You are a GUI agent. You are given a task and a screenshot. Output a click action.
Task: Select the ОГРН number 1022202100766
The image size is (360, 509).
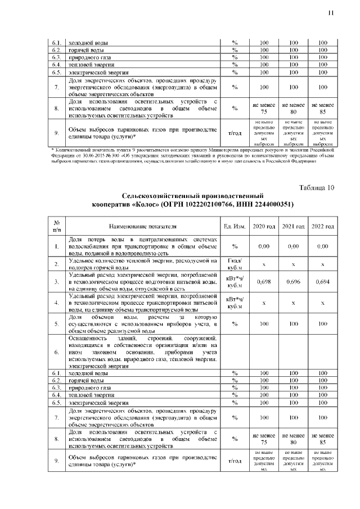191,204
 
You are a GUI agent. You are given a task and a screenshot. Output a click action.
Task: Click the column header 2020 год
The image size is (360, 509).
264,226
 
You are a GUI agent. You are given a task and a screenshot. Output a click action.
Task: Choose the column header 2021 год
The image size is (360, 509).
293,226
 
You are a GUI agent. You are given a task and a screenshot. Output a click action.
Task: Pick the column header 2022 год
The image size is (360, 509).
322,226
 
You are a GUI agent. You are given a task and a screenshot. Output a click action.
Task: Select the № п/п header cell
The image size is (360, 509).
57,226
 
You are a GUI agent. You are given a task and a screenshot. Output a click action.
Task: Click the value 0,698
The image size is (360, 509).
264,281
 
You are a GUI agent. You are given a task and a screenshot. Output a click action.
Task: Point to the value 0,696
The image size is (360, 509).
293,281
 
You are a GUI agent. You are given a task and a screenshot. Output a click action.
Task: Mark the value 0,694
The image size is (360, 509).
322,281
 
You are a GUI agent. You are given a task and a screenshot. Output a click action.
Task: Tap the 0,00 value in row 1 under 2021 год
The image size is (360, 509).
293,246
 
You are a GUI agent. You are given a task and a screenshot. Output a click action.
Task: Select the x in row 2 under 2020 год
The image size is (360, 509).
264,264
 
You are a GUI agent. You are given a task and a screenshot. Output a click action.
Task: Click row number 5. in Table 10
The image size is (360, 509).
57,323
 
